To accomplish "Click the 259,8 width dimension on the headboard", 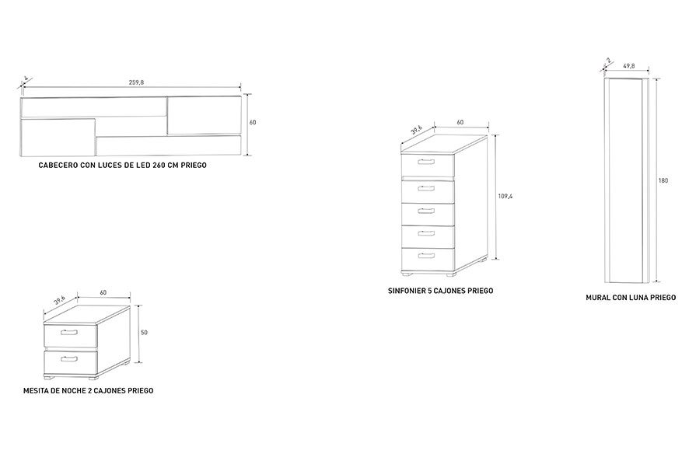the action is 136,82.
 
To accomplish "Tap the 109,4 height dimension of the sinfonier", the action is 505,197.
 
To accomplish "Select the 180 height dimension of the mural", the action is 663,180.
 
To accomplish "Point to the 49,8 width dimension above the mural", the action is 629,66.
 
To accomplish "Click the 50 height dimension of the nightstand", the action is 144,333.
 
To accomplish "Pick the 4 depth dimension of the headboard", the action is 26,79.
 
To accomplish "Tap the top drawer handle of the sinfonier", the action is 426,162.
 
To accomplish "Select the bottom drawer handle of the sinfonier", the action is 426,256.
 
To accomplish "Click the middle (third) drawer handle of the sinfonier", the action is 426,211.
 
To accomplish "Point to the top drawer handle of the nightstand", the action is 69,332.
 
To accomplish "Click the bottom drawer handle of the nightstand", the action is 69,359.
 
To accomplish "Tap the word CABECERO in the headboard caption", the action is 58,166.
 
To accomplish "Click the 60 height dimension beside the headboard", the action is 253,123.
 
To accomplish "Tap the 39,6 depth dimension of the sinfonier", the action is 417,130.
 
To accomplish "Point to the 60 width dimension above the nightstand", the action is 103,292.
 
